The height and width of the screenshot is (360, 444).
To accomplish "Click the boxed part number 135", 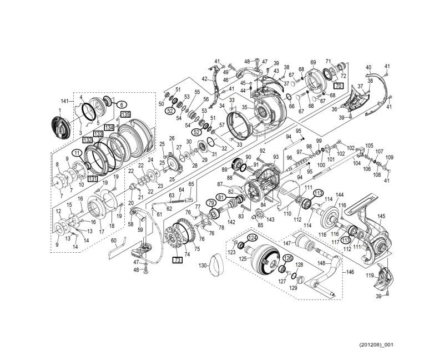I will click(x=125, y=114).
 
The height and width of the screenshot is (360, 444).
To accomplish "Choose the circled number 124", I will click(x=253, y=238).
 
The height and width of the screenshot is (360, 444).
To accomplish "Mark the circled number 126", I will click(x=287, y=258).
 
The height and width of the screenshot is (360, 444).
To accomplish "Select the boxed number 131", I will click(x=92, y=178).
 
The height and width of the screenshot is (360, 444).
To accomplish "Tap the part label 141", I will click(x=65, y=101).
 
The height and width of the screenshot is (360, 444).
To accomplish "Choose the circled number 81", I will click(x=220, y=197).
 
